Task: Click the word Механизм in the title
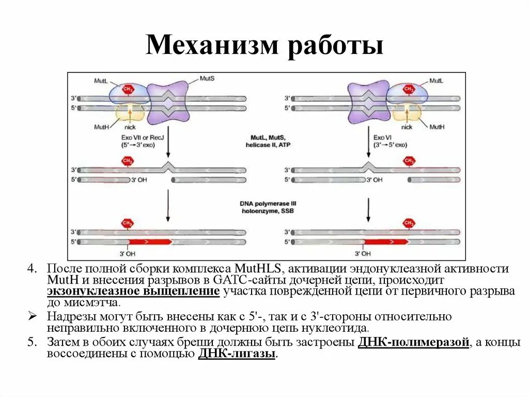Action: pyautogui.click(x=211, y=46)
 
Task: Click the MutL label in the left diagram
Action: pyautogui.click(x=101, y=81)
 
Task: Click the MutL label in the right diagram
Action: pyautogui.click(x=436, y=81)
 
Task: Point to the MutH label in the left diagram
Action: pyautogui.click(x=101, y=127)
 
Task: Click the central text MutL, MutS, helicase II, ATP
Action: pyautogui.click(x=265, y=142)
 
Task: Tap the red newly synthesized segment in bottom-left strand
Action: pyautogui.click(x=150, y=242)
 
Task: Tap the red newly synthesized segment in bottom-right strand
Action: pyautogui.click(x=387, y=242)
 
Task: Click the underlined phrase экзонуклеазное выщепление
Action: pyautogui.click(x=133, y=291)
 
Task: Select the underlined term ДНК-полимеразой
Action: pyautogui.click(x=413, y=343)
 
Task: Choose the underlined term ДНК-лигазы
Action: pyautogui.click(x=237, y=354)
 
